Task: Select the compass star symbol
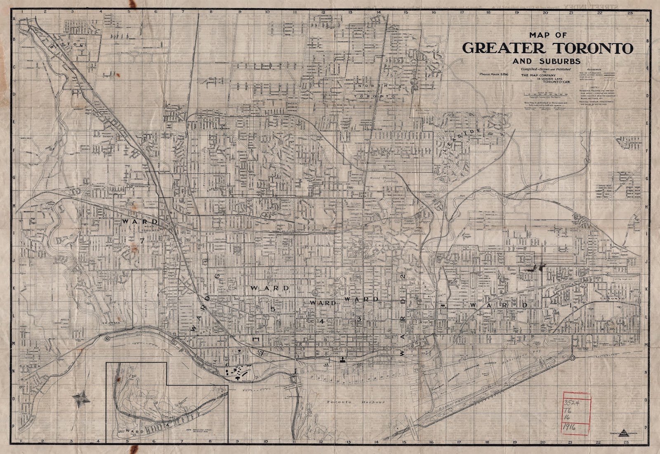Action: (80, 398)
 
